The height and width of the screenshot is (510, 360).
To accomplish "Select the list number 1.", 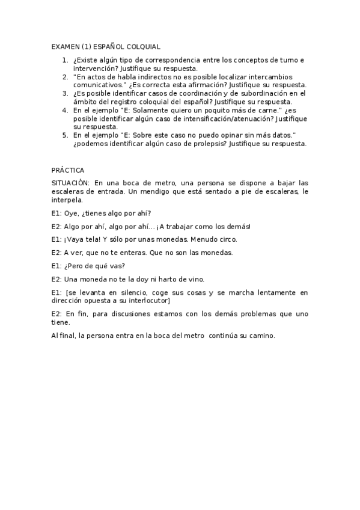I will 65,60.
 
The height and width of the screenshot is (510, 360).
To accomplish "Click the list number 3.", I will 65,94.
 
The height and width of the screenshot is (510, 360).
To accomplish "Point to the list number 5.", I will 65,136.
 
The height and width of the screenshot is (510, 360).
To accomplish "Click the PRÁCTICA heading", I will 68,170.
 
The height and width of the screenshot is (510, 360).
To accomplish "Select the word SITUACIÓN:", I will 71,183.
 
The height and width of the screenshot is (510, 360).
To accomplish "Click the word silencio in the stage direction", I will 129,292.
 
